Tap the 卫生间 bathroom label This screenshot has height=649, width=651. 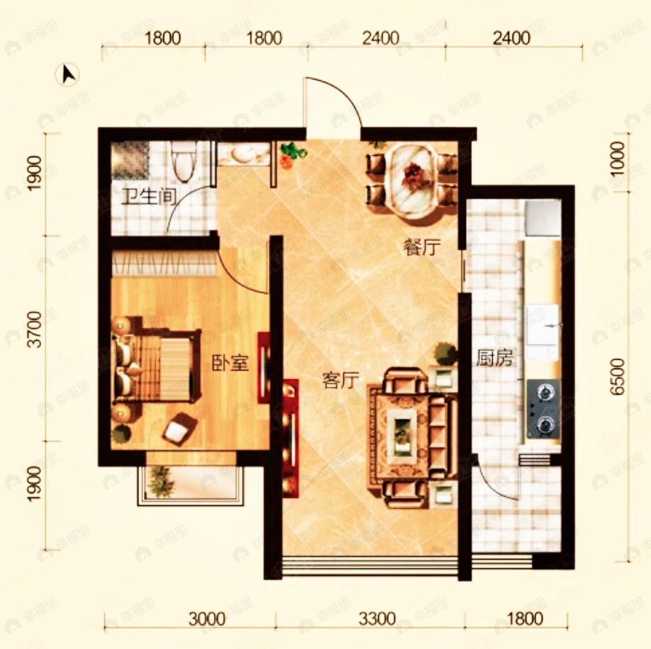(149, 197)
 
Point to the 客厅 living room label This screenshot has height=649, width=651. (340, 380)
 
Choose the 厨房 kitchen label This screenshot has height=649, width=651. (494, 358)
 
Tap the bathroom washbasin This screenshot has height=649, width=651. (243, 154)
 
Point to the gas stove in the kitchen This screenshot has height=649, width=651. (543, 409)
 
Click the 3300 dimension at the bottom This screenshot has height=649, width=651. (377, 619)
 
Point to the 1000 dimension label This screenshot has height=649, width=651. (618, 159)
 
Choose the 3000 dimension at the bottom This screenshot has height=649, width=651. (207, 619)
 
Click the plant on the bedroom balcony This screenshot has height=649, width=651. (160, 481)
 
